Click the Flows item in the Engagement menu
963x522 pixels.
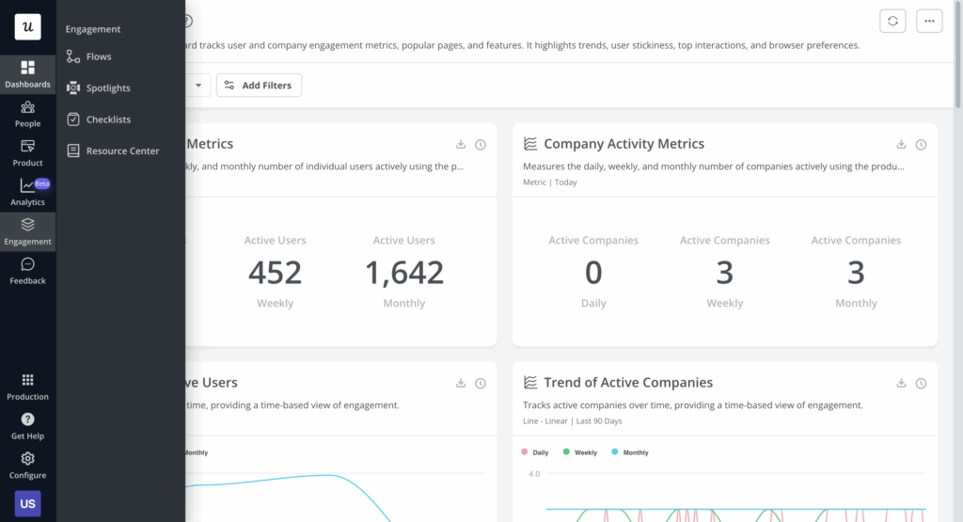(x=98, y=57)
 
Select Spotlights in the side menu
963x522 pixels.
(x=107, y=88)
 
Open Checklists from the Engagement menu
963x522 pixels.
(x=107, y=119)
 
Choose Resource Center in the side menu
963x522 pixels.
(x=121, y=151)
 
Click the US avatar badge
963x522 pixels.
(x=27, y=503)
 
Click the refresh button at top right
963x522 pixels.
(x=892, y=21)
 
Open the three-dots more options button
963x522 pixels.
(x=929, y=21)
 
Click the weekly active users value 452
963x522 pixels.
(x=275, y=273)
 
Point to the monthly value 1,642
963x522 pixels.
(x=404, y=273)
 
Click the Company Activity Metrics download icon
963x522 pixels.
(x=901, y=145)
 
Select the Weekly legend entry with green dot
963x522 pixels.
(x=579, y=452)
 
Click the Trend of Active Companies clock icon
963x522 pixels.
(x=921, y=384)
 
